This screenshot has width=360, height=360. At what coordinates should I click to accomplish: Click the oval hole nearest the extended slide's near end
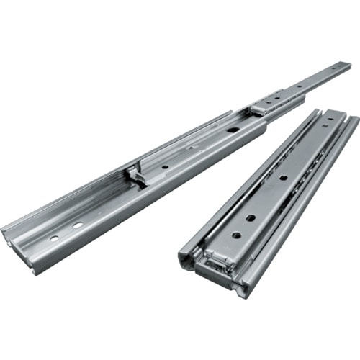point(54,238)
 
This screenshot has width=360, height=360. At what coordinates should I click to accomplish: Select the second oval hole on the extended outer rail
point(76,225)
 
